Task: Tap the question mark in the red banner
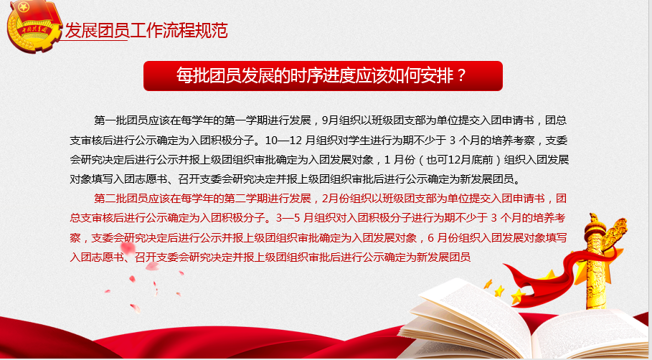pyautogui.click(x=460, y=76)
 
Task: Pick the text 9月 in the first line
pyautogui.click(x=330, y=120)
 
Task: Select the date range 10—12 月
pyautogui.click(x=290, y=141)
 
